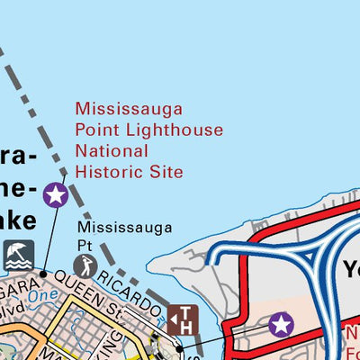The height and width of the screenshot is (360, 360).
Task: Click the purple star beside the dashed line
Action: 55,193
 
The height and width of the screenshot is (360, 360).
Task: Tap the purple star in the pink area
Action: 282,324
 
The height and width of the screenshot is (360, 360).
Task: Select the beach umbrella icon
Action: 19,256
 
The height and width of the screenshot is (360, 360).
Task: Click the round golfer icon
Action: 86,265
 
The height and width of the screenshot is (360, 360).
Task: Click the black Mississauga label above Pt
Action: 130,228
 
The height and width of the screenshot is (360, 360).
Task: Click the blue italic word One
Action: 41,293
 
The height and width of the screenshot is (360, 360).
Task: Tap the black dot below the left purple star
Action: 42,272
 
